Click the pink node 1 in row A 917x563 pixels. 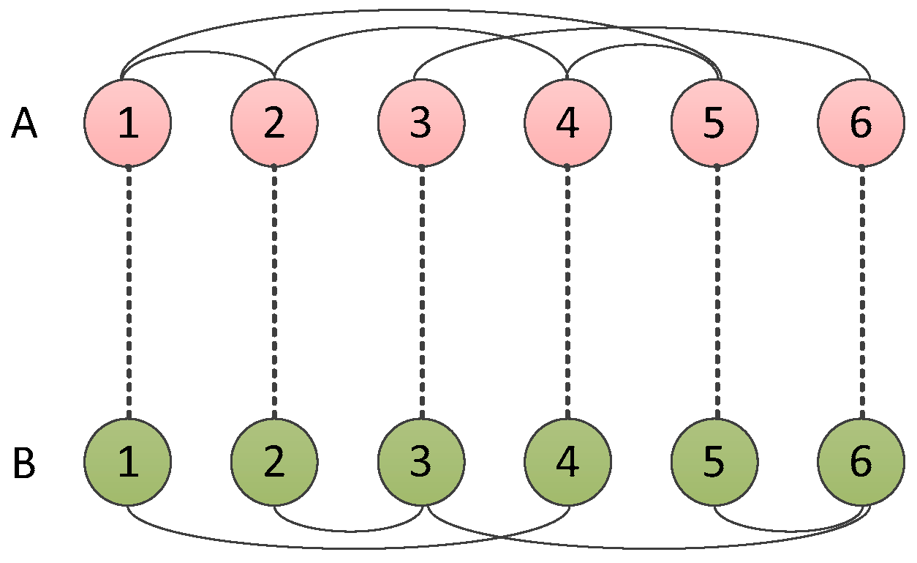point(128,123)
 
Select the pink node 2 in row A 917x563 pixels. point(274,123)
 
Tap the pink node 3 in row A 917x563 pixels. point(421,123)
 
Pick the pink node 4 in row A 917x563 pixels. point(568,123)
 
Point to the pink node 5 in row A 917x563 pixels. point(715,123)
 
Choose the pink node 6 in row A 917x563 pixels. point(861,123)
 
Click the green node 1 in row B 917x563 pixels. point(128,462)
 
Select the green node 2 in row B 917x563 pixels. point(274,462)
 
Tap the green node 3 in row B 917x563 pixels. point(421,462)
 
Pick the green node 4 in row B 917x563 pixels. point(568,462)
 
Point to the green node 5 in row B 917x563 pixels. point(715,462)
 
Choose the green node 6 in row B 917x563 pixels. point(861,462)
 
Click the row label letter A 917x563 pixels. point(24,124)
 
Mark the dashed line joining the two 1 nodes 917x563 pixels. point(129,293)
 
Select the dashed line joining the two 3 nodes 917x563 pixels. point(422,293)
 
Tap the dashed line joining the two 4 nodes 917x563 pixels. point(568,293)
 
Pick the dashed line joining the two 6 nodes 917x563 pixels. point(861,293)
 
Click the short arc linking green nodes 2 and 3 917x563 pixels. point(347,531)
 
